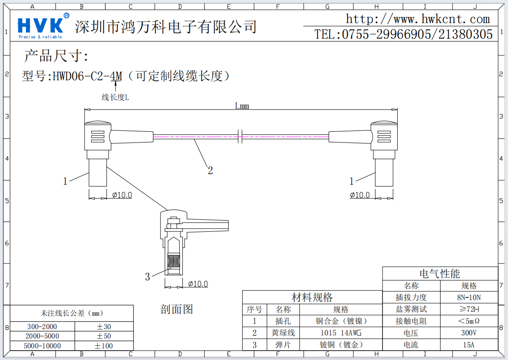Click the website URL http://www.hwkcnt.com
pos(418,19)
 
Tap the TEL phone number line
pos(403,34)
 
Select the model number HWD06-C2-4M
pos(87,77)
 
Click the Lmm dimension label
pos(242,106)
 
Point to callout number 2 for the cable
pos(210,170)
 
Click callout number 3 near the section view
pos(147,277)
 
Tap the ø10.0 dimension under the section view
pos(198,284)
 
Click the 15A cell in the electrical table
pos(469,345)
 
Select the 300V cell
pos(469,333)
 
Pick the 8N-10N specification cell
pos(469,297)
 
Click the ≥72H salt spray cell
pos(469,309)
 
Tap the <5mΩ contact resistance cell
pos(469,321)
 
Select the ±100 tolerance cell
pos(104,346)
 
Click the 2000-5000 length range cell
pos(42,336)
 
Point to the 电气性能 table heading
pos(440,274)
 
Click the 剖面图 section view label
pos(176,309)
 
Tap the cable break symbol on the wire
pos(240,136)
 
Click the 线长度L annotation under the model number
pos(115,97)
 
